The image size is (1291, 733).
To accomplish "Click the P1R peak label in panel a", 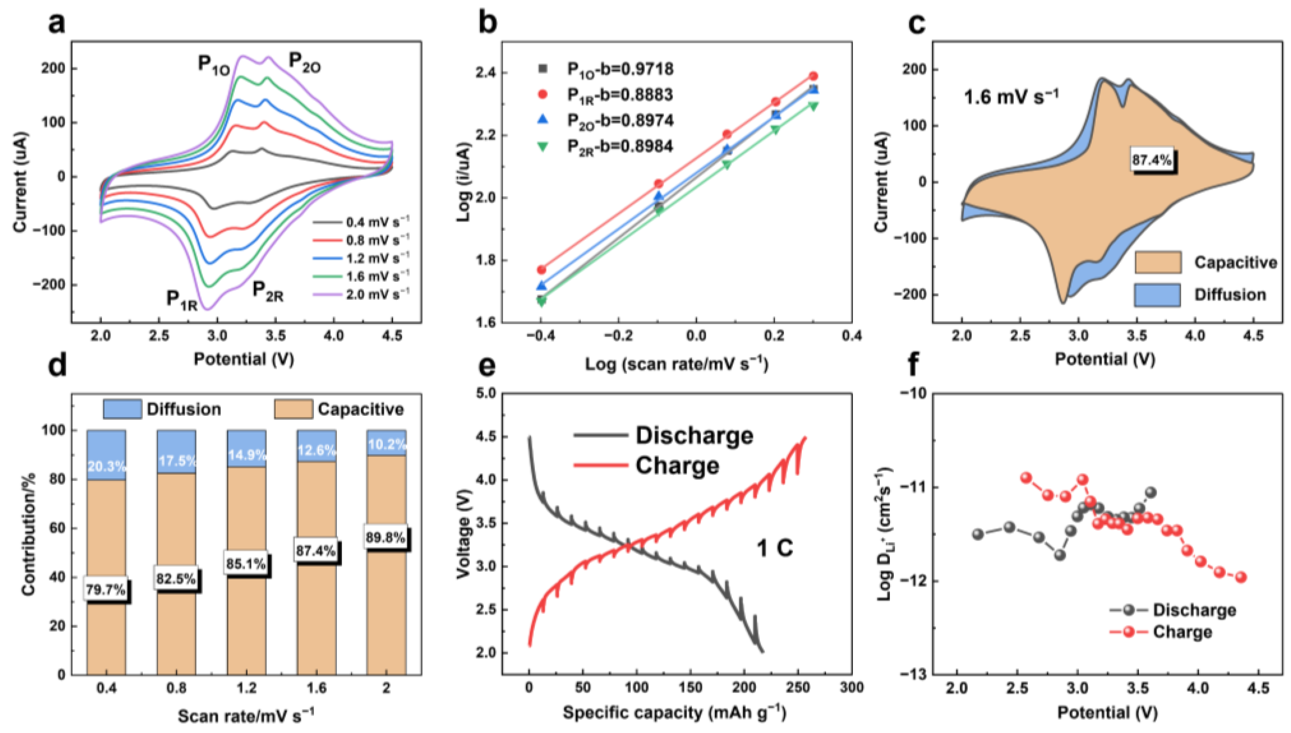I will tap(182, 300).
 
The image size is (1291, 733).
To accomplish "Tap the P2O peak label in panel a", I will tap(304, 63).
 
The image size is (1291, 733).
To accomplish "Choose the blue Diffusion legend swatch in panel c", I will tap(1157, 295).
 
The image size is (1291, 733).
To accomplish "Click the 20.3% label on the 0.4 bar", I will tap(106, 466).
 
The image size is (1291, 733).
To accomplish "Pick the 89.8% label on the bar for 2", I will tap(385, 538).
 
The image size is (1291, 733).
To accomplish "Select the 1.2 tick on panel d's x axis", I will tap(247, 688).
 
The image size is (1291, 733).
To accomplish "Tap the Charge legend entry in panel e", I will tap(677, 465).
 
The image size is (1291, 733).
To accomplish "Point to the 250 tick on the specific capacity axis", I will tap(798, 688).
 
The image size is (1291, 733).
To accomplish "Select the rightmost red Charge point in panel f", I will tap(1241, 577).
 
